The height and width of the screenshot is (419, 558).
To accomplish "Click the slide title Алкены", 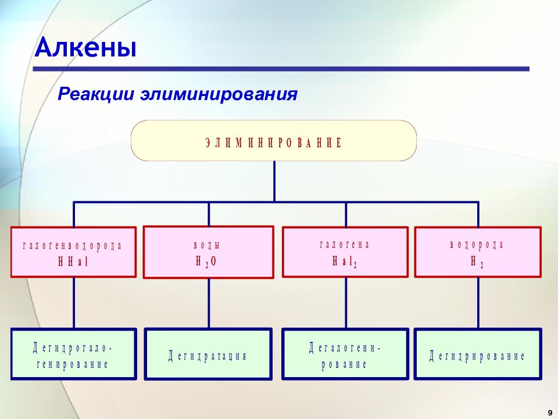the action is tap(86, 47).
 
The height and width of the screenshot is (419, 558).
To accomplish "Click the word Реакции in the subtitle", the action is tap(96, 94).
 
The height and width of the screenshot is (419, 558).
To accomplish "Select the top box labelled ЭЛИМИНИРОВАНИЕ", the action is tap(274, 141).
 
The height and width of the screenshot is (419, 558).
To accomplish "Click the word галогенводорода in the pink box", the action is tap(73, 246).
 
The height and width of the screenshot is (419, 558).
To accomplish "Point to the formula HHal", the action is tap(73, 262).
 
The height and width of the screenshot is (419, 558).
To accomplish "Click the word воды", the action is tap(207, 245).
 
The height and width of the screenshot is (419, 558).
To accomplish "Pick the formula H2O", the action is tap(206, 262).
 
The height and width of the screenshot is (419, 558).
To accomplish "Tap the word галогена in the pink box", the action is tap(345, 244).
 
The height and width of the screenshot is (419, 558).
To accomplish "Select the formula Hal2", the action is tap(345, 262).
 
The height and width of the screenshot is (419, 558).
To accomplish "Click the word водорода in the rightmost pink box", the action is tap(477, 244).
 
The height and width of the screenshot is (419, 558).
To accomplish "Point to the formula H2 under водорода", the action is tap(477, 262).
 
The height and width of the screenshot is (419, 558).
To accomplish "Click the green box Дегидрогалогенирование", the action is tap(74, 354).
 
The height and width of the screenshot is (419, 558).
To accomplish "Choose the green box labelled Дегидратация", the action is tap(208, 354).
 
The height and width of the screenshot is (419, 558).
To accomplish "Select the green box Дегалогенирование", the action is tap(345, 354).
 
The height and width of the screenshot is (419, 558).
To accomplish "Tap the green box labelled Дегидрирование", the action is tap(478, 354).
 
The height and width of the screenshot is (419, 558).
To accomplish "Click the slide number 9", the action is tap(550, 413).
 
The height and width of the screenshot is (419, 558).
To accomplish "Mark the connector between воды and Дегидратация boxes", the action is tap(209, 303).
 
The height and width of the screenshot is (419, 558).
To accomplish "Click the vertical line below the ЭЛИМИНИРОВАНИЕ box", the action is tap(274, 182).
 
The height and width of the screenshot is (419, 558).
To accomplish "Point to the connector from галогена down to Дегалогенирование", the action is tap(345, 303).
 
